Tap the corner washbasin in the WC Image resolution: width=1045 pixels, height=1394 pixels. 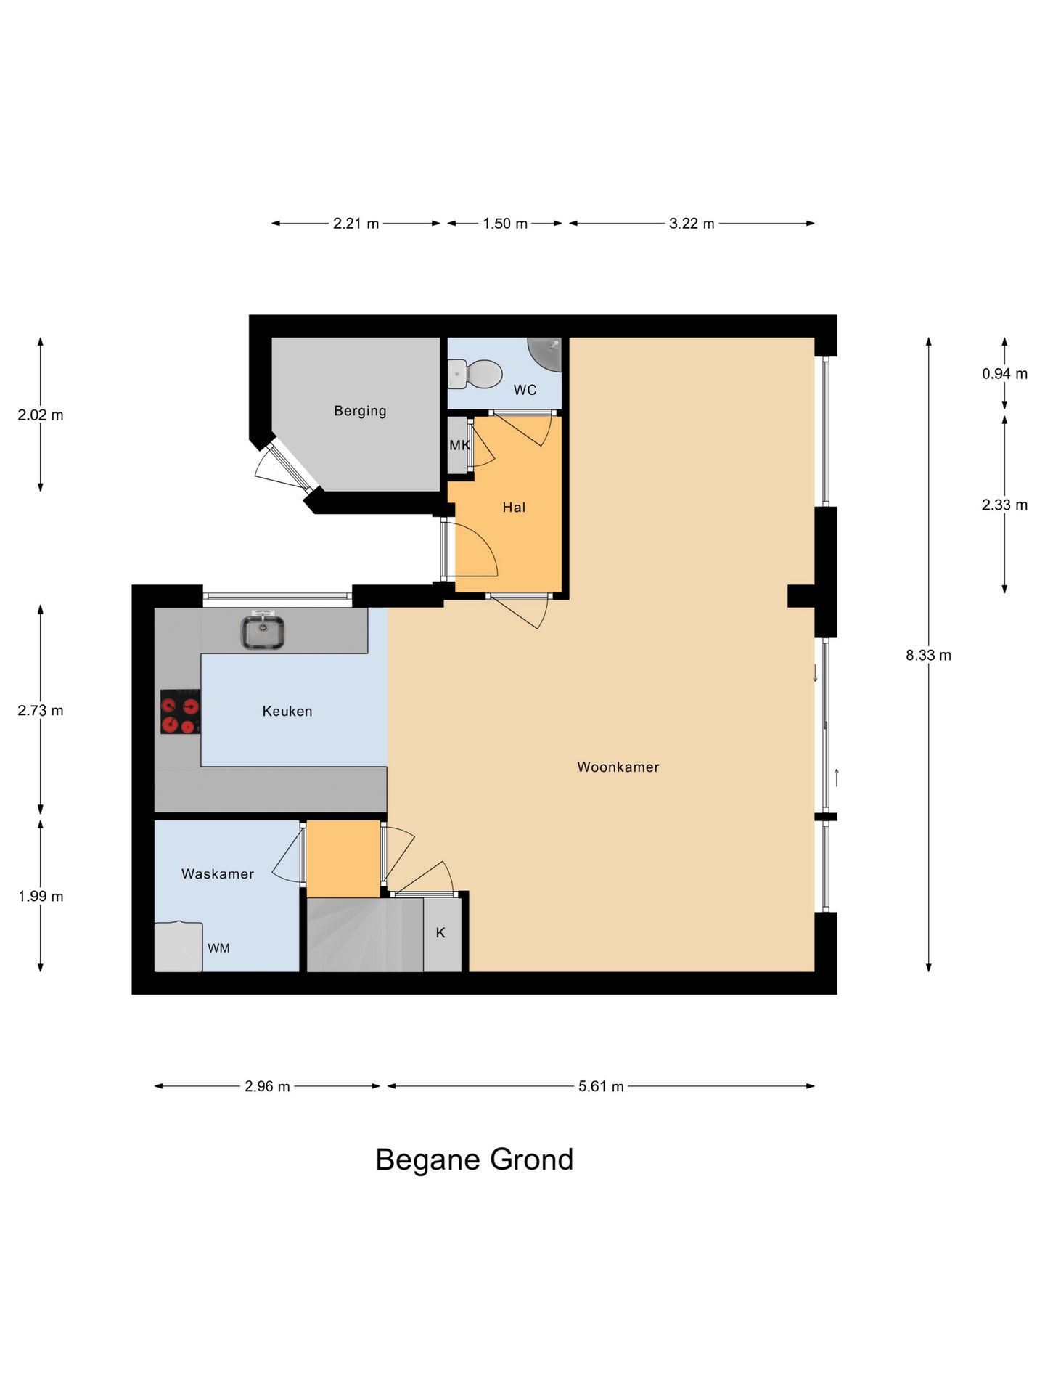(x=546, y=353)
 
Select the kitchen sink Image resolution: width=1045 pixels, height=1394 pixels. (x=262, y=630)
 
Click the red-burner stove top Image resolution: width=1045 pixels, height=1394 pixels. (x=180, y=712)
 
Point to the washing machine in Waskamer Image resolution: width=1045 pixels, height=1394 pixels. (x=179, y=946)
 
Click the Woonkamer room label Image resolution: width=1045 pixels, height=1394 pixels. (x=618, y=767)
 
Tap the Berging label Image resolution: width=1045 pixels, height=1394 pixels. (x=360, y=411)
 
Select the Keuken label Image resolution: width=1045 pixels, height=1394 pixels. (x=287, y=712)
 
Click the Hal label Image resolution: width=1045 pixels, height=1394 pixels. (x=514, y=508)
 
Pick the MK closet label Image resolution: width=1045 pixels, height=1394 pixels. (x=459, y=445)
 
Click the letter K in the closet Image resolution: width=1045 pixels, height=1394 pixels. (x=440, y=932)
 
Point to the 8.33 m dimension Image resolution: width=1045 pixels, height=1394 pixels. (x=928, y=655)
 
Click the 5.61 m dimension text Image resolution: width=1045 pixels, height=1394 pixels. (x=601, y=1087)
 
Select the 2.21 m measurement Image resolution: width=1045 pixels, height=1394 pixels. (x=356, y=224)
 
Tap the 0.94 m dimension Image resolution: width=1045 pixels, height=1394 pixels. (x=1004, y=374)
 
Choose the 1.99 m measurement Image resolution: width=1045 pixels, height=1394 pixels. (x=41, y=897)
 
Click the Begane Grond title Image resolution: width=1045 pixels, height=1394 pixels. (x=475, y=1159)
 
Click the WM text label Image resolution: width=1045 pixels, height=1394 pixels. (x=218, y=948)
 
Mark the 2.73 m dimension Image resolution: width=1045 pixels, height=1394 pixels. (x=41, y=711)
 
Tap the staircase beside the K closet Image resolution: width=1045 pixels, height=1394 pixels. (x=365, y=935)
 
